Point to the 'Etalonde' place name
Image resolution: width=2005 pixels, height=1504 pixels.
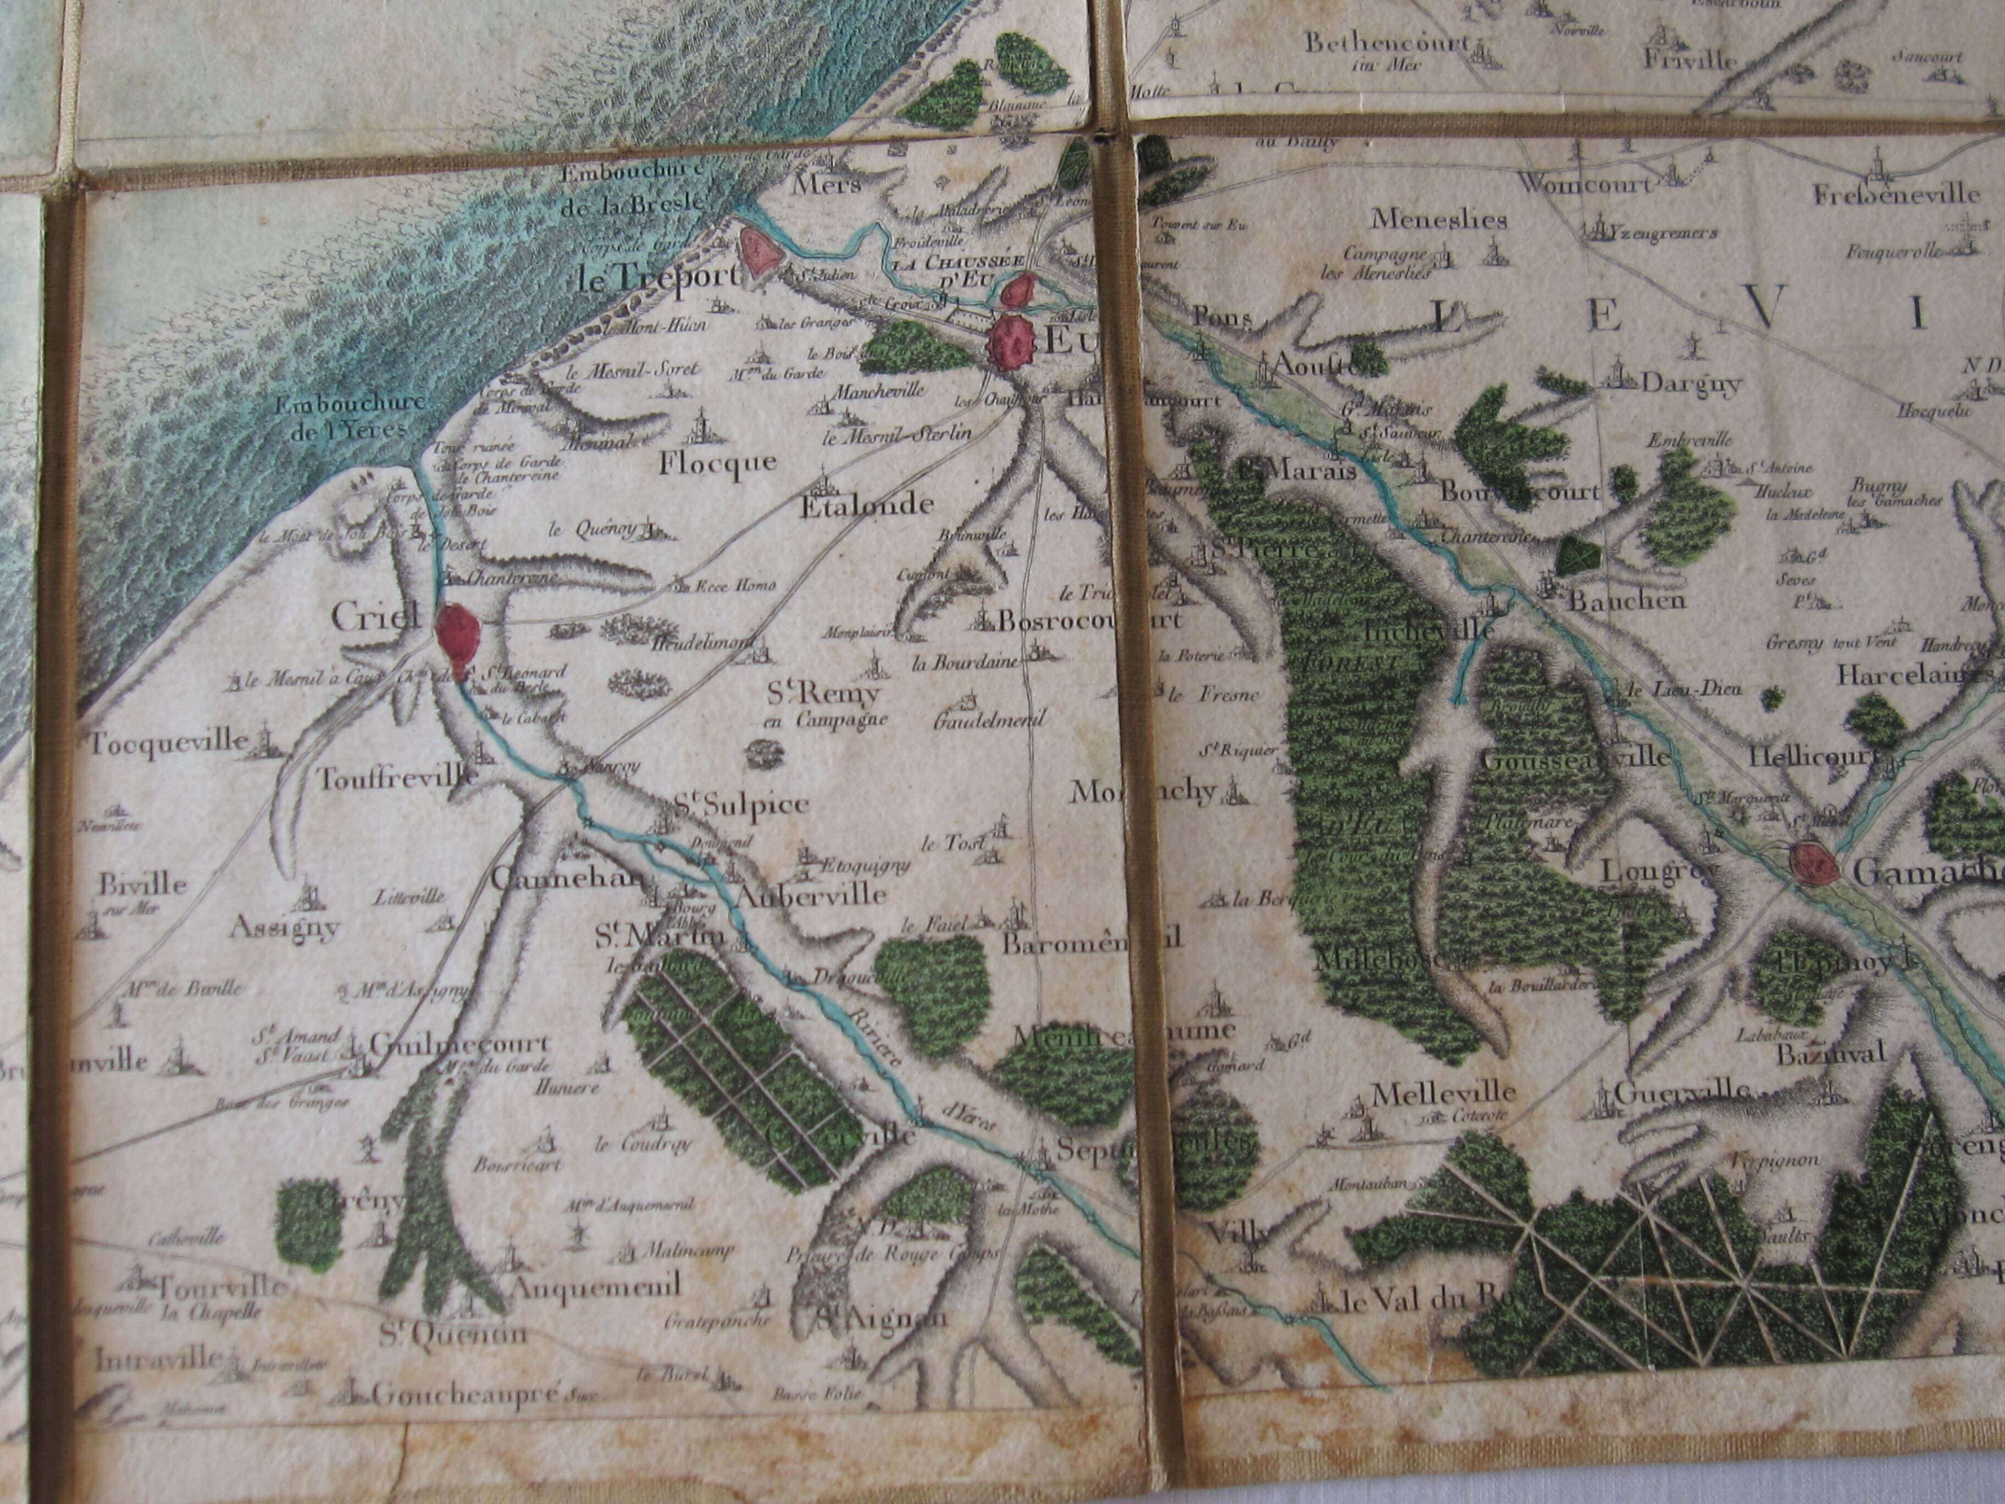coord(866,506)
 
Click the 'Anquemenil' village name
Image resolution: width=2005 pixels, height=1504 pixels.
coord(596,1286)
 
